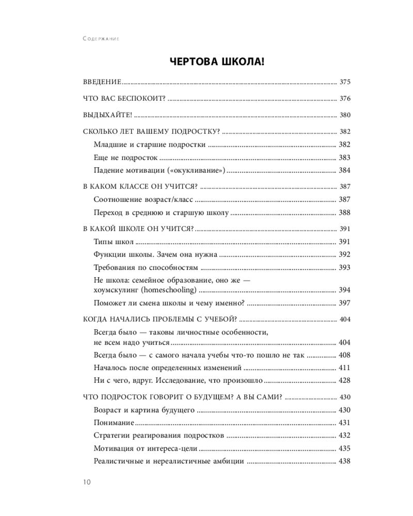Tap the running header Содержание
point(101,39)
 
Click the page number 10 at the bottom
point(86,482)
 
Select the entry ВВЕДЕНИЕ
point(102,82)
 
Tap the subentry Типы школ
point(114,241)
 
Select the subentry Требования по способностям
point(146,267)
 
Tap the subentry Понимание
point(114,423)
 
